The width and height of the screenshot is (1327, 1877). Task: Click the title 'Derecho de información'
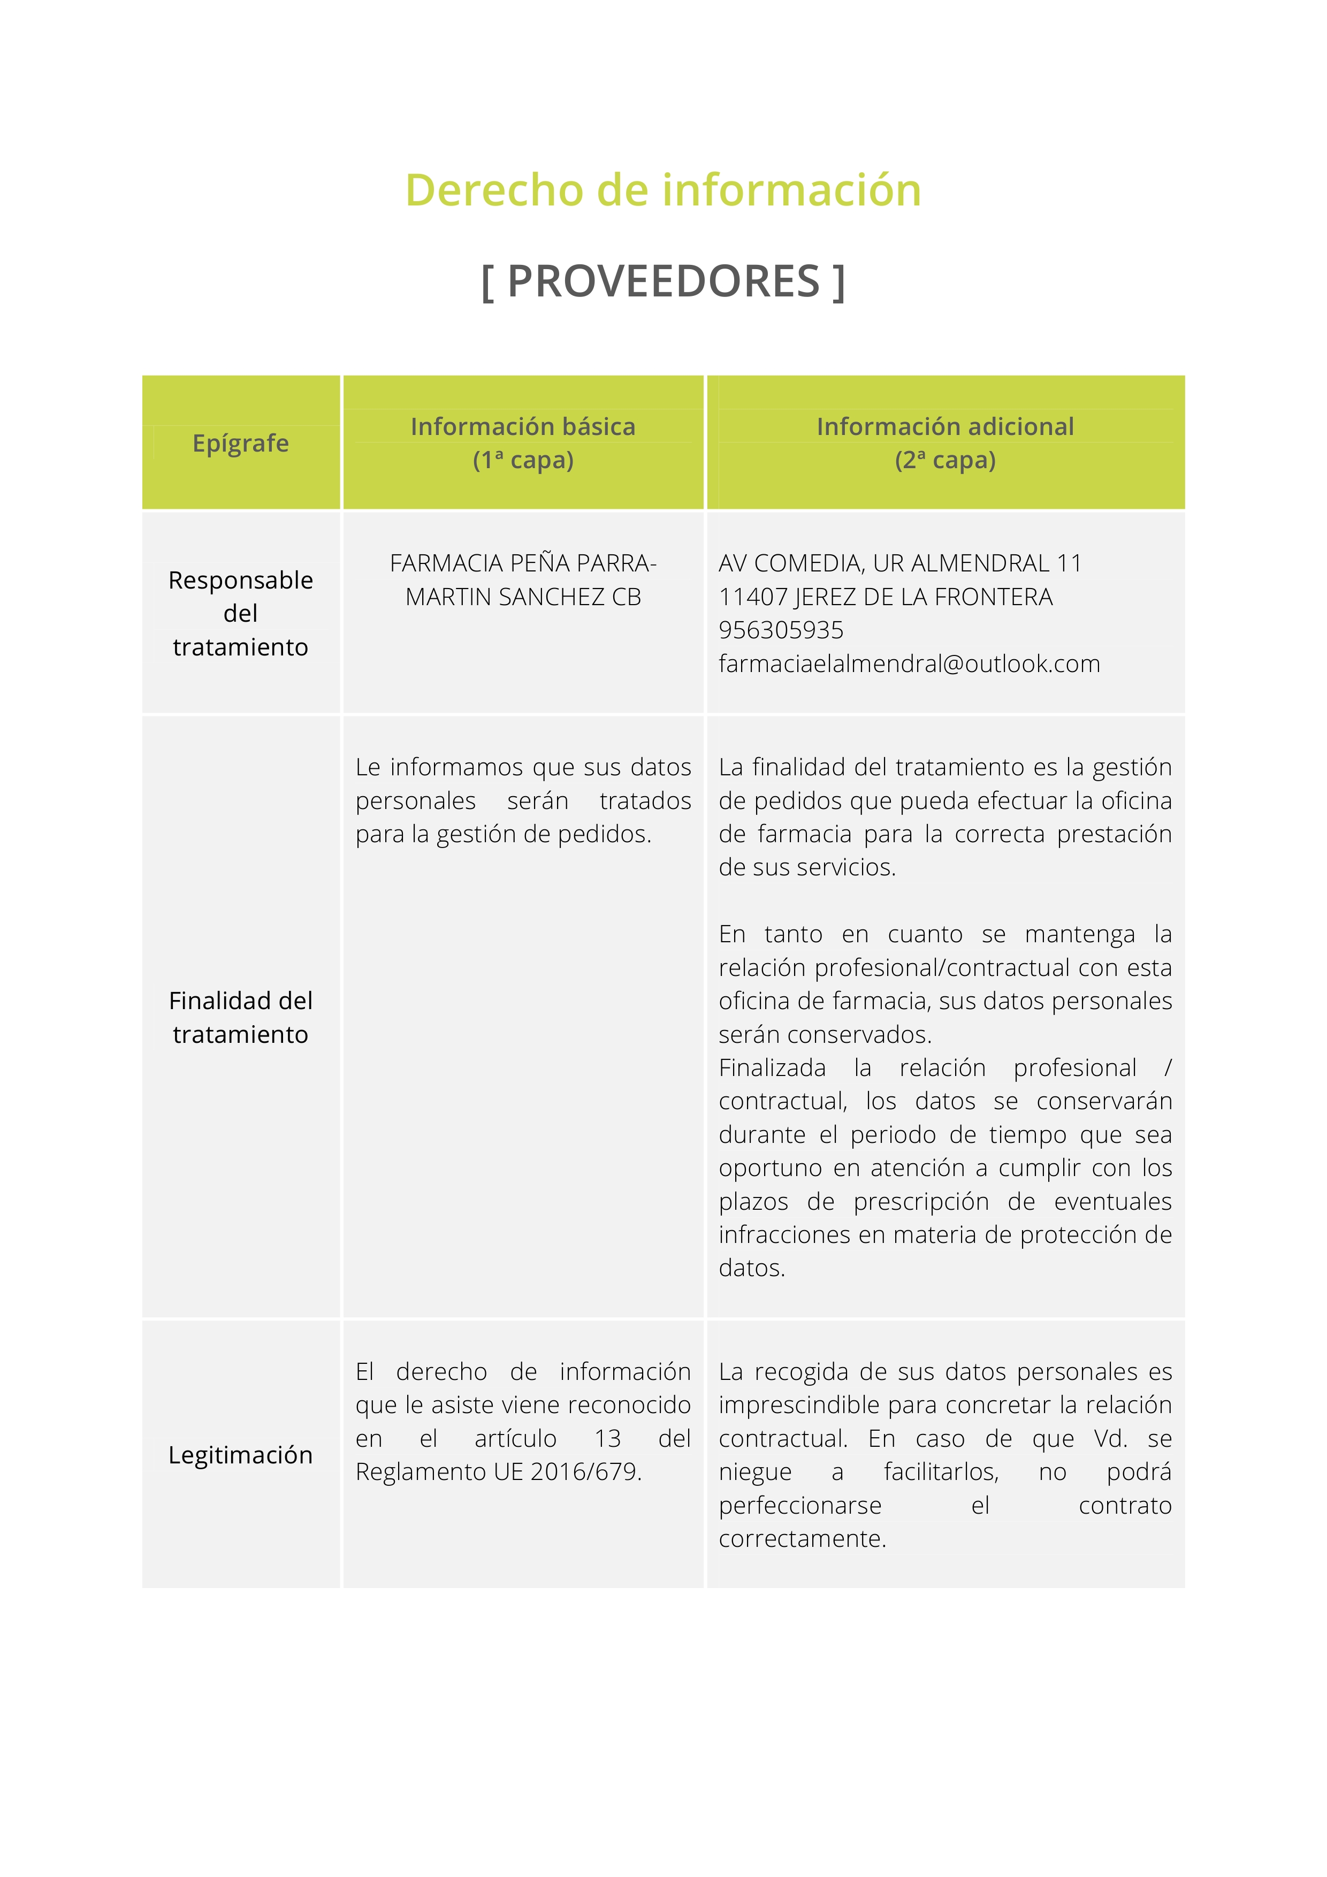pyautogui.click(x=663, y=190)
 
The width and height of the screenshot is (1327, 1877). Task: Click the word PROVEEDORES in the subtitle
pyautogui.click(x=663, y=281)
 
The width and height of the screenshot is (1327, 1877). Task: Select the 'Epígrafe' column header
pyautogui.click(x=240, y=443)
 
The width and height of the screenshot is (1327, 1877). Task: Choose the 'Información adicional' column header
pyautogui.click(x=944, y=427)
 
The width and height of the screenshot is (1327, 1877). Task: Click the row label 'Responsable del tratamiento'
pyautogui.click(x=240, y=613)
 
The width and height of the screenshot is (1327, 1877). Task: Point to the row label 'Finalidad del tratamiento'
pyautogui.click(x=240, y=1017)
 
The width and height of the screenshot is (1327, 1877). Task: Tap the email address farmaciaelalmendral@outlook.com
pyautogui.click(x=909, y=664)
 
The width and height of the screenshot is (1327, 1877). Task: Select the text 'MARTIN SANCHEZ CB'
pyautogui.click(x=523, y=597)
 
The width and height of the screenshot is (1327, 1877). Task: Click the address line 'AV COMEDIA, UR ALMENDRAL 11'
pyautogui.click(x=900, y=563)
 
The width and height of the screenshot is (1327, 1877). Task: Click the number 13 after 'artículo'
pyautogui.click(x=607, y=1438)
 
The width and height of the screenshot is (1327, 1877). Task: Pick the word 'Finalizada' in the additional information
pyautogui.click(x=772, y=1067)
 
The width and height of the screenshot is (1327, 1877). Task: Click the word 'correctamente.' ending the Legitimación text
pyautogui.click(x=802, y=1538)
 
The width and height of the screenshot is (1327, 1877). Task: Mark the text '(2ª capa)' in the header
pyautogui.click(x=944, y=460)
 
